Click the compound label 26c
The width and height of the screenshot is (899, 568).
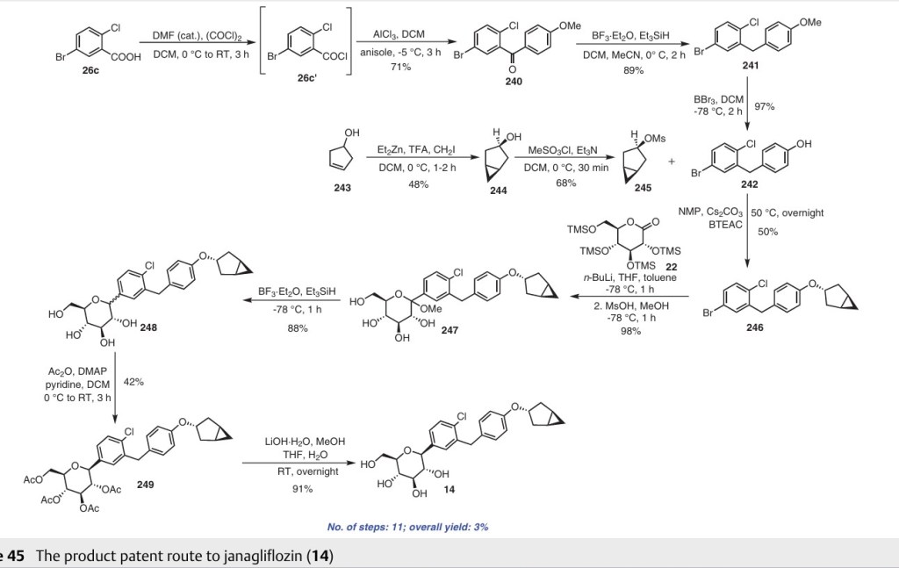click(90, 71)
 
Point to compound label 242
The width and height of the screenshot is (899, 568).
click(749, 184)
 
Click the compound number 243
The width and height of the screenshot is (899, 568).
click(346, 186)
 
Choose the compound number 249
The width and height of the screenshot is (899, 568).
click(145, 484)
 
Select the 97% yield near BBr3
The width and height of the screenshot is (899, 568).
click(764, 106)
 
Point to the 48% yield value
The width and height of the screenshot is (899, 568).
click(418, 183)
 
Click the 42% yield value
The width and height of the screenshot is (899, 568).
click(134, 382)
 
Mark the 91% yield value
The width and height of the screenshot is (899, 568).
click(303, 488)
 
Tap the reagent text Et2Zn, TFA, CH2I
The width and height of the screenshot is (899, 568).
click(418, 151)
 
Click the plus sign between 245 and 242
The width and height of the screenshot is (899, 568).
click(672, 161)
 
